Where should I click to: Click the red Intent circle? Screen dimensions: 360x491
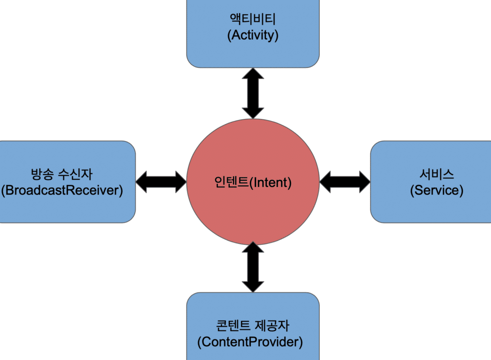[x=253, y=211]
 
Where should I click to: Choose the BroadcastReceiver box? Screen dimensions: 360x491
[x=62, y=211]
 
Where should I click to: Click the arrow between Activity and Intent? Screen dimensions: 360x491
[x=253, y=93]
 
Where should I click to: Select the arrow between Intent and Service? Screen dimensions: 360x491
[x=345, y=182]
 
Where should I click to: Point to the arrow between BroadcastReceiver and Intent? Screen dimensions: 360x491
[x=161, y=182]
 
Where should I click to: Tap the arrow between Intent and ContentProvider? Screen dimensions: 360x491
[x=253, y=267]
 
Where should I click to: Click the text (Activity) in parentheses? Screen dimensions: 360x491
[x=253, y=35]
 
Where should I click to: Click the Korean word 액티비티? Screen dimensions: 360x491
[x=253, y=20]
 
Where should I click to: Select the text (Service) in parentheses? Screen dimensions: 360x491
[x=436, y=190]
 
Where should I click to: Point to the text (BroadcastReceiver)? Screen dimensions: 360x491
[x=62, y=190]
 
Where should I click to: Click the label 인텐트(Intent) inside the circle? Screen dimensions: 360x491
[x=253, y=182]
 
